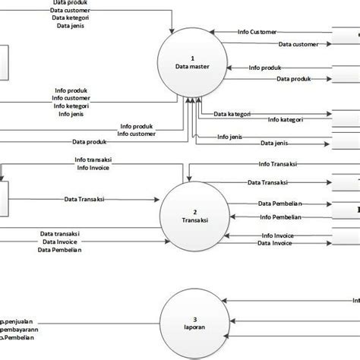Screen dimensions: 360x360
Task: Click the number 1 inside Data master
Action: (x=193, y=58)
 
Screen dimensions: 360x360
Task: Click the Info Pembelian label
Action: (x=281, y=216)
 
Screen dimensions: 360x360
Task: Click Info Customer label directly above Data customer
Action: (x=257, y=32)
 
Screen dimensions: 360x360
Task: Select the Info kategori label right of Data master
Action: (x=288, y=120)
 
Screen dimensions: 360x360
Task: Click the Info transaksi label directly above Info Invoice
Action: (x=95, y=160)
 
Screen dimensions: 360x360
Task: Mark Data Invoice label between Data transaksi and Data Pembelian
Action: (x=62, y=242)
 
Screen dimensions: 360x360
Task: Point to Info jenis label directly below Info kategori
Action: (x=69, y=115)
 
